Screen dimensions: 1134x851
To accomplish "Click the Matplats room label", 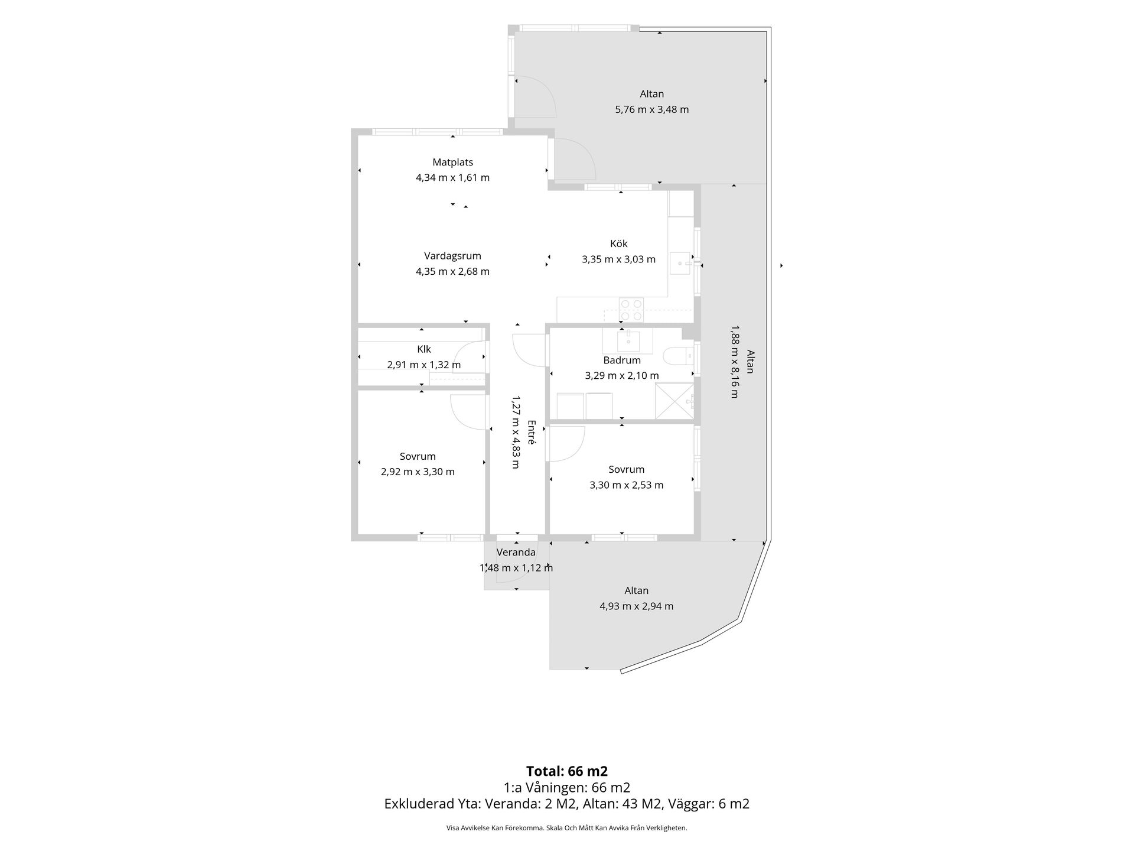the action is coord(452,162).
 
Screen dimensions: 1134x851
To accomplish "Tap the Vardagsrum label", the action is coord(452,256).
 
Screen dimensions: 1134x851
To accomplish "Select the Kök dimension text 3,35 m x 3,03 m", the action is coord(618,259).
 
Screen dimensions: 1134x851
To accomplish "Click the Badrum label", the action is coord(622,360).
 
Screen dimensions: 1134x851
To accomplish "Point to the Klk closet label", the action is coord(423,349).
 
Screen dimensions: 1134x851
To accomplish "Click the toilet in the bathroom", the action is coord(677,356).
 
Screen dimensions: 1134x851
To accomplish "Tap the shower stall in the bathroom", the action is coord(674,401).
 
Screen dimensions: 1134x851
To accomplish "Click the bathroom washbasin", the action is coord(628,340).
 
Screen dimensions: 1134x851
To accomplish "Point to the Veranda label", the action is coord(516,553).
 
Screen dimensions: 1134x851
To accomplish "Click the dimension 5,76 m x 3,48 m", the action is coord(651,109).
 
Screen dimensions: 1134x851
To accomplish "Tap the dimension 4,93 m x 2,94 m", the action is coord(636,606).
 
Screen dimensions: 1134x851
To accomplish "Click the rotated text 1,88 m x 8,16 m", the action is coord(734,361).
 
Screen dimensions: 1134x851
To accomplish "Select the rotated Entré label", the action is coord(531,432).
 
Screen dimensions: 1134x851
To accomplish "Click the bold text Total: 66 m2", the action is coord(567,771).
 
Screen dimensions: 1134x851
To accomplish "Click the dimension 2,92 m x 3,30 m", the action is coord(418,472).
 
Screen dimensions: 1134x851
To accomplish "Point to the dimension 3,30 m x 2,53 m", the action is coord(626,485).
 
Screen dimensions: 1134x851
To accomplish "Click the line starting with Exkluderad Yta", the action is coord(567,804).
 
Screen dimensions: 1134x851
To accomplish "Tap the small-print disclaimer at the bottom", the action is coord(567,828).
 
